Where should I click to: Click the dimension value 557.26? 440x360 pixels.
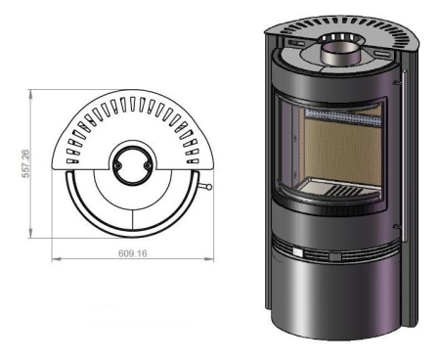25,163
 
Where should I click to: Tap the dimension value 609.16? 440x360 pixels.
133,253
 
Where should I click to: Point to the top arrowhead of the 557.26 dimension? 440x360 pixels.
30,94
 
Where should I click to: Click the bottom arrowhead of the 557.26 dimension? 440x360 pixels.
30,233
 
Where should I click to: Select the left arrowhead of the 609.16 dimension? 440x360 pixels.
57,259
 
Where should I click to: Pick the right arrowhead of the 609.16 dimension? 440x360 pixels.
209,259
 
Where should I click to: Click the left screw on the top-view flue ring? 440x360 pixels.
116,165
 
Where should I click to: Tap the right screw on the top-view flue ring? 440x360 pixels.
147,165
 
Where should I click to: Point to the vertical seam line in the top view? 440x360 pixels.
133,221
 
